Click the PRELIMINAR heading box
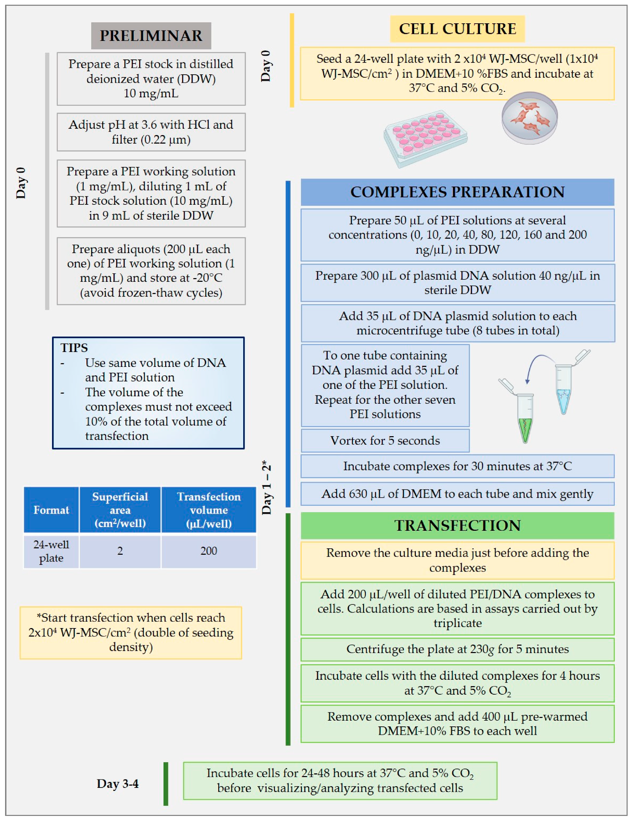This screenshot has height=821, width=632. click(x=151, y=36)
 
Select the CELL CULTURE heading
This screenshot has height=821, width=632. click(x=457, y=29)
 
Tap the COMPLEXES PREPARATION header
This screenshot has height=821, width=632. click(x=457, y=192)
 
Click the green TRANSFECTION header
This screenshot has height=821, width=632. click(x=457, y=525)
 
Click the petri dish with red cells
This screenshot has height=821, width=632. click(x=529, y=117)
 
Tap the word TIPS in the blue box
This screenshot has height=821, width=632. click(x=74, y=348)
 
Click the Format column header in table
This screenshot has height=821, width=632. click(x=51, y=510)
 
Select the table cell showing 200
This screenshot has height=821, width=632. click(x=208, y=551)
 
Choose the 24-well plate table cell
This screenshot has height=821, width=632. click(x=51, y=551)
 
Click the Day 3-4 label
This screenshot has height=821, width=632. click(x=118, y=783)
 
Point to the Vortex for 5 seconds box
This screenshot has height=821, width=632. click(x=385, y=441)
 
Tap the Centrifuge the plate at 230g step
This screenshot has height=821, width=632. click(x=457, y=649)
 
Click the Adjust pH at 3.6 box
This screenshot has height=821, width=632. click(x=151, y=132)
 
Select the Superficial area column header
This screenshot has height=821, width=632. click(x=120, y=510)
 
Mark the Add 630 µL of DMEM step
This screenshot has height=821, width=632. click(x=457, y=494)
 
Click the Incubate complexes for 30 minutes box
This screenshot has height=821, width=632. click(x=457, y=466)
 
